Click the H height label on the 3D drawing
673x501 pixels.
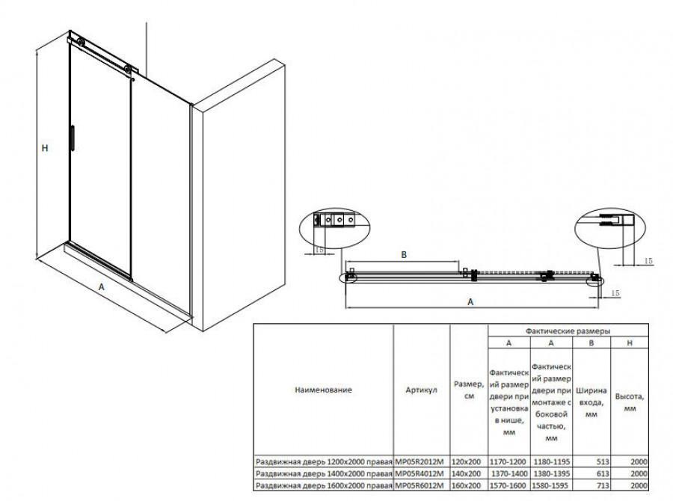(x=45, y=149)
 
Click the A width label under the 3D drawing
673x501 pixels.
(x=101, y=285)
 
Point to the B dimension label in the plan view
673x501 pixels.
(x=405, y=255)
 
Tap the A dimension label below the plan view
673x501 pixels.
(x=470, y=301)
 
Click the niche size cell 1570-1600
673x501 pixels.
(x=509, y=486)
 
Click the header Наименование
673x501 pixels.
(x=323, y=390)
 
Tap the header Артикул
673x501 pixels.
(x=421, y=390)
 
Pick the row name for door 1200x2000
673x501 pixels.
(x=323, y=462)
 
